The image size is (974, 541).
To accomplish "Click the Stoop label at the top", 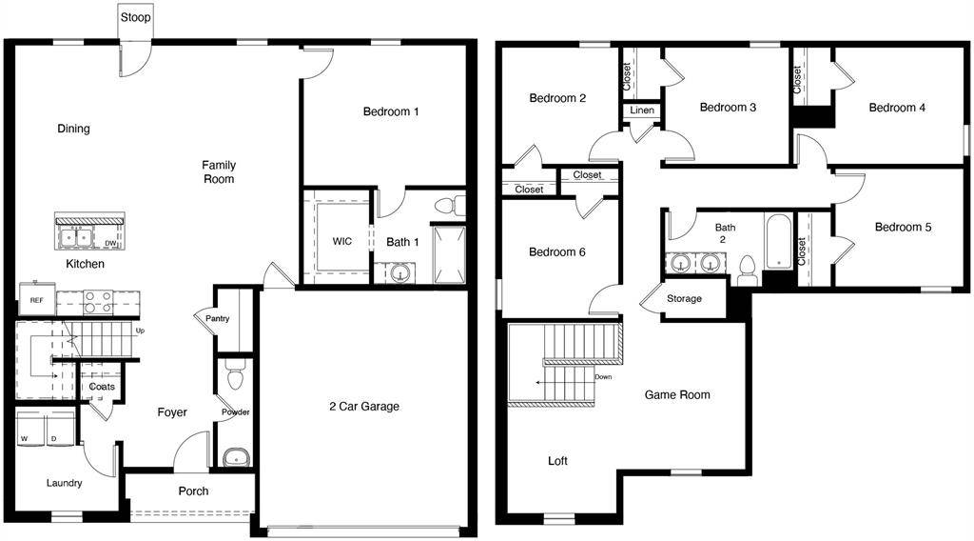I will pyautogui.click(x=135, y=17).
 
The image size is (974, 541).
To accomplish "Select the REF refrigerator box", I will pyautogui.click(x=36, y=300).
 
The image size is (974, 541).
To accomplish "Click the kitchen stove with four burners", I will pyautogui.click(x=98, y=302).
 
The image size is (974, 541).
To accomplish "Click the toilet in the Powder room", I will pyautogui.click(x=235, y=377).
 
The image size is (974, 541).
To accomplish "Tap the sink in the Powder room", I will pyautogui.click(x=235, y=458).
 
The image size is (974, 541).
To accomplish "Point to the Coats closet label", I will pyautogui.click(x=102, y=387).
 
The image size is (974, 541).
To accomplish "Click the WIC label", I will pyautogui.click(x=342, y=241).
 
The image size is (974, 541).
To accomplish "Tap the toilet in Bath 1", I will pyautogui.click(x=450, y=205).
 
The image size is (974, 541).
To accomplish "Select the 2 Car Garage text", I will pyautogui.click(x=364, y=407).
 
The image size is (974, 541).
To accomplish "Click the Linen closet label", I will pyautogui.click(x=642, y=110).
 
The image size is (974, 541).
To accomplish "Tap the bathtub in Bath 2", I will pyautogui.click(x=778, y=241).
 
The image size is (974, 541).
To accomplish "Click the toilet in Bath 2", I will pyautogui.click(x=748, y=270).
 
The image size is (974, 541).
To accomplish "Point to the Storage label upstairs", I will pyautogui.click(x=684, y=299).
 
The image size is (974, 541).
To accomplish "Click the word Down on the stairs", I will pyautogui.click(x=603, y=376).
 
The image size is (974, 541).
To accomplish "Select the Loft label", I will pyautogui.click(x=557, y=461).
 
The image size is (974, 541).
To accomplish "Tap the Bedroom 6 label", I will pyautogui.click(x=557, y=252).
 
